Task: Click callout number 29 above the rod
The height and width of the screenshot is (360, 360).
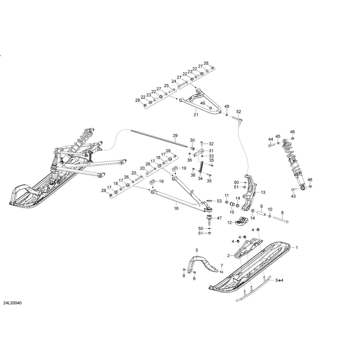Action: tap(175, 136)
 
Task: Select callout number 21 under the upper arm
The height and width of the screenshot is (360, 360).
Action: tap(196, 115)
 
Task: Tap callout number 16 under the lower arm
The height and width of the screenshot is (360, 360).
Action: tap(176, 208)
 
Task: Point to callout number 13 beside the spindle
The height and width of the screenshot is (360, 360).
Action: tap(263, 192)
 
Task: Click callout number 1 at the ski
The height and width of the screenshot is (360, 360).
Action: tap(297, 248)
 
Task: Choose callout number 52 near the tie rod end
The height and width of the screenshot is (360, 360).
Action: tap(238, 112)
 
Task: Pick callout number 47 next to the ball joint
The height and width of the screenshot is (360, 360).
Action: tap(219, 218)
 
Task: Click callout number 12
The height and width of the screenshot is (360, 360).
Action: tap(229, 222)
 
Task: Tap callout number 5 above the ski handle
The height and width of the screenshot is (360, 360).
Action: tap(197, 250)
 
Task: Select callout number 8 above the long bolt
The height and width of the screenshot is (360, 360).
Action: tap(282, 212)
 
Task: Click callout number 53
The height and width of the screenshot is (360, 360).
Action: tap(219, 201)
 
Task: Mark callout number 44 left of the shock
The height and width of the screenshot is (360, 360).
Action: tap(270, 139)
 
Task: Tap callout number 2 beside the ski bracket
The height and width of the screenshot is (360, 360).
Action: tap(228, 256)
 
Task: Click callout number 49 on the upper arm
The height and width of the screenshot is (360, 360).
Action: tap(203, 103)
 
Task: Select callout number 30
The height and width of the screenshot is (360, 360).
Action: tap(192, 140)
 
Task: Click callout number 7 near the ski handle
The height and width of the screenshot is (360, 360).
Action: tap(222, 266)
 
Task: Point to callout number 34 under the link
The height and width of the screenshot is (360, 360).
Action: tap(201, 178)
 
